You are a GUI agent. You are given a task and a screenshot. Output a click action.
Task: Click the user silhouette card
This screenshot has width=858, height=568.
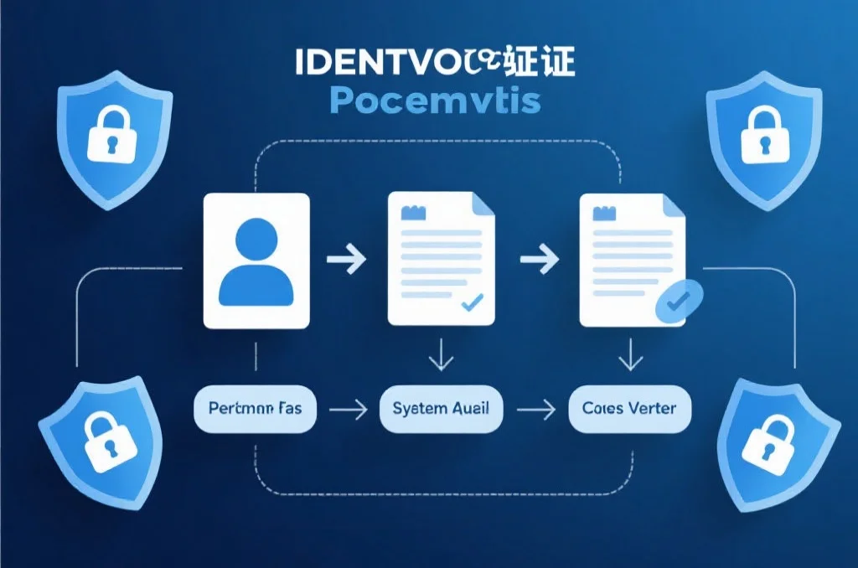(256, 260)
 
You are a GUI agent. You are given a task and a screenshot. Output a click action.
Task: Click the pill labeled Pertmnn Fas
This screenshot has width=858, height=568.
(256, 409)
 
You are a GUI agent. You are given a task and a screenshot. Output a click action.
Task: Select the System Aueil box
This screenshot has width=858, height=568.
(441, 409)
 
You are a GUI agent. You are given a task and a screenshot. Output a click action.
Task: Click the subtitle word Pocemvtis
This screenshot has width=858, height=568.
(434, 100)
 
